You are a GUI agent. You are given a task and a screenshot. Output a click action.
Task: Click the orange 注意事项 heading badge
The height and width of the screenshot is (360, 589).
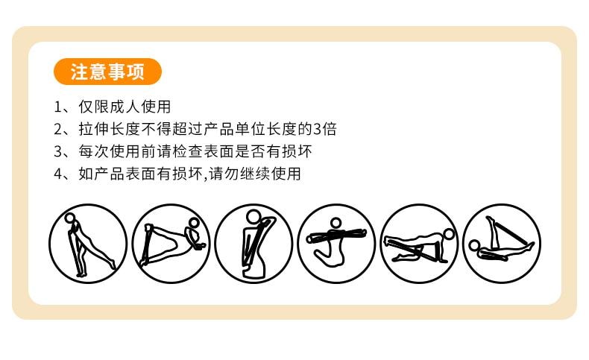pos(108,72)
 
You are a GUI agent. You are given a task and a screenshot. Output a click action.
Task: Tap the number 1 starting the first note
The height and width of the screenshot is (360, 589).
pos(57,107)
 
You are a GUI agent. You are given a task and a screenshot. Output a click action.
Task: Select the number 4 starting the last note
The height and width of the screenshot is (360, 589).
pos(57,174)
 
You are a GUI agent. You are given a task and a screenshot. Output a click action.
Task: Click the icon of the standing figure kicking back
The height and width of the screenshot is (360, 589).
pos(88,243)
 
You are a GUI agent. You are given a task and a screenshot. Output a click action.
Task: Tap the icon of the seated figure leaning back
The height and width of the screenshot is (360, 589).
pos(171,243)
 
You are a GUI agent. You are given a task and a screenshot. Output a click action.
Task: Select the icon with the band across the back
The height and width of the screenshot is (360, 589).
pos(253,243)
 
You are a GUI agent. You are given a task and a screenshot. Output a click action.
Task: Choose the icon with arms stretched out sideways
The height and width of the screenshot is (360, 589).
pos(336,243)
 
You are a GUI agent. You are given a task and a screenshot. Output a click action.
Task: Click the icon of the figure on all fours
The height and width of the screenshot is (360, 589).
pos(419,243)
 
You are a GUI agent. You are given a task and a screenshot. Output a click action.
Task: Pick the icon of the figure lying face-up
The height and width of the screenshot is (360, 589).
pos(502,243)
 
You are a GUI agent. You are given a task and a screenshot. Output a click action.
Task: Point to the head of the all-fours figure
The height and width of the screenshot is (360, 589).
pos(449,233)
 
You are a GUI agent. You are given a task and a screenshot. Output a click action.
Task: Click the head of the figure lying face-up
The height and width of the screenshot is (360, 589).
pos(474,245)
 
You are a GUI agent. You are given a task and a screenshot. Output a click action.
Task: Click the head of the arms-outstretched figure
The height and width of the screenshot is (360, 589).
pos(336,223)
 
